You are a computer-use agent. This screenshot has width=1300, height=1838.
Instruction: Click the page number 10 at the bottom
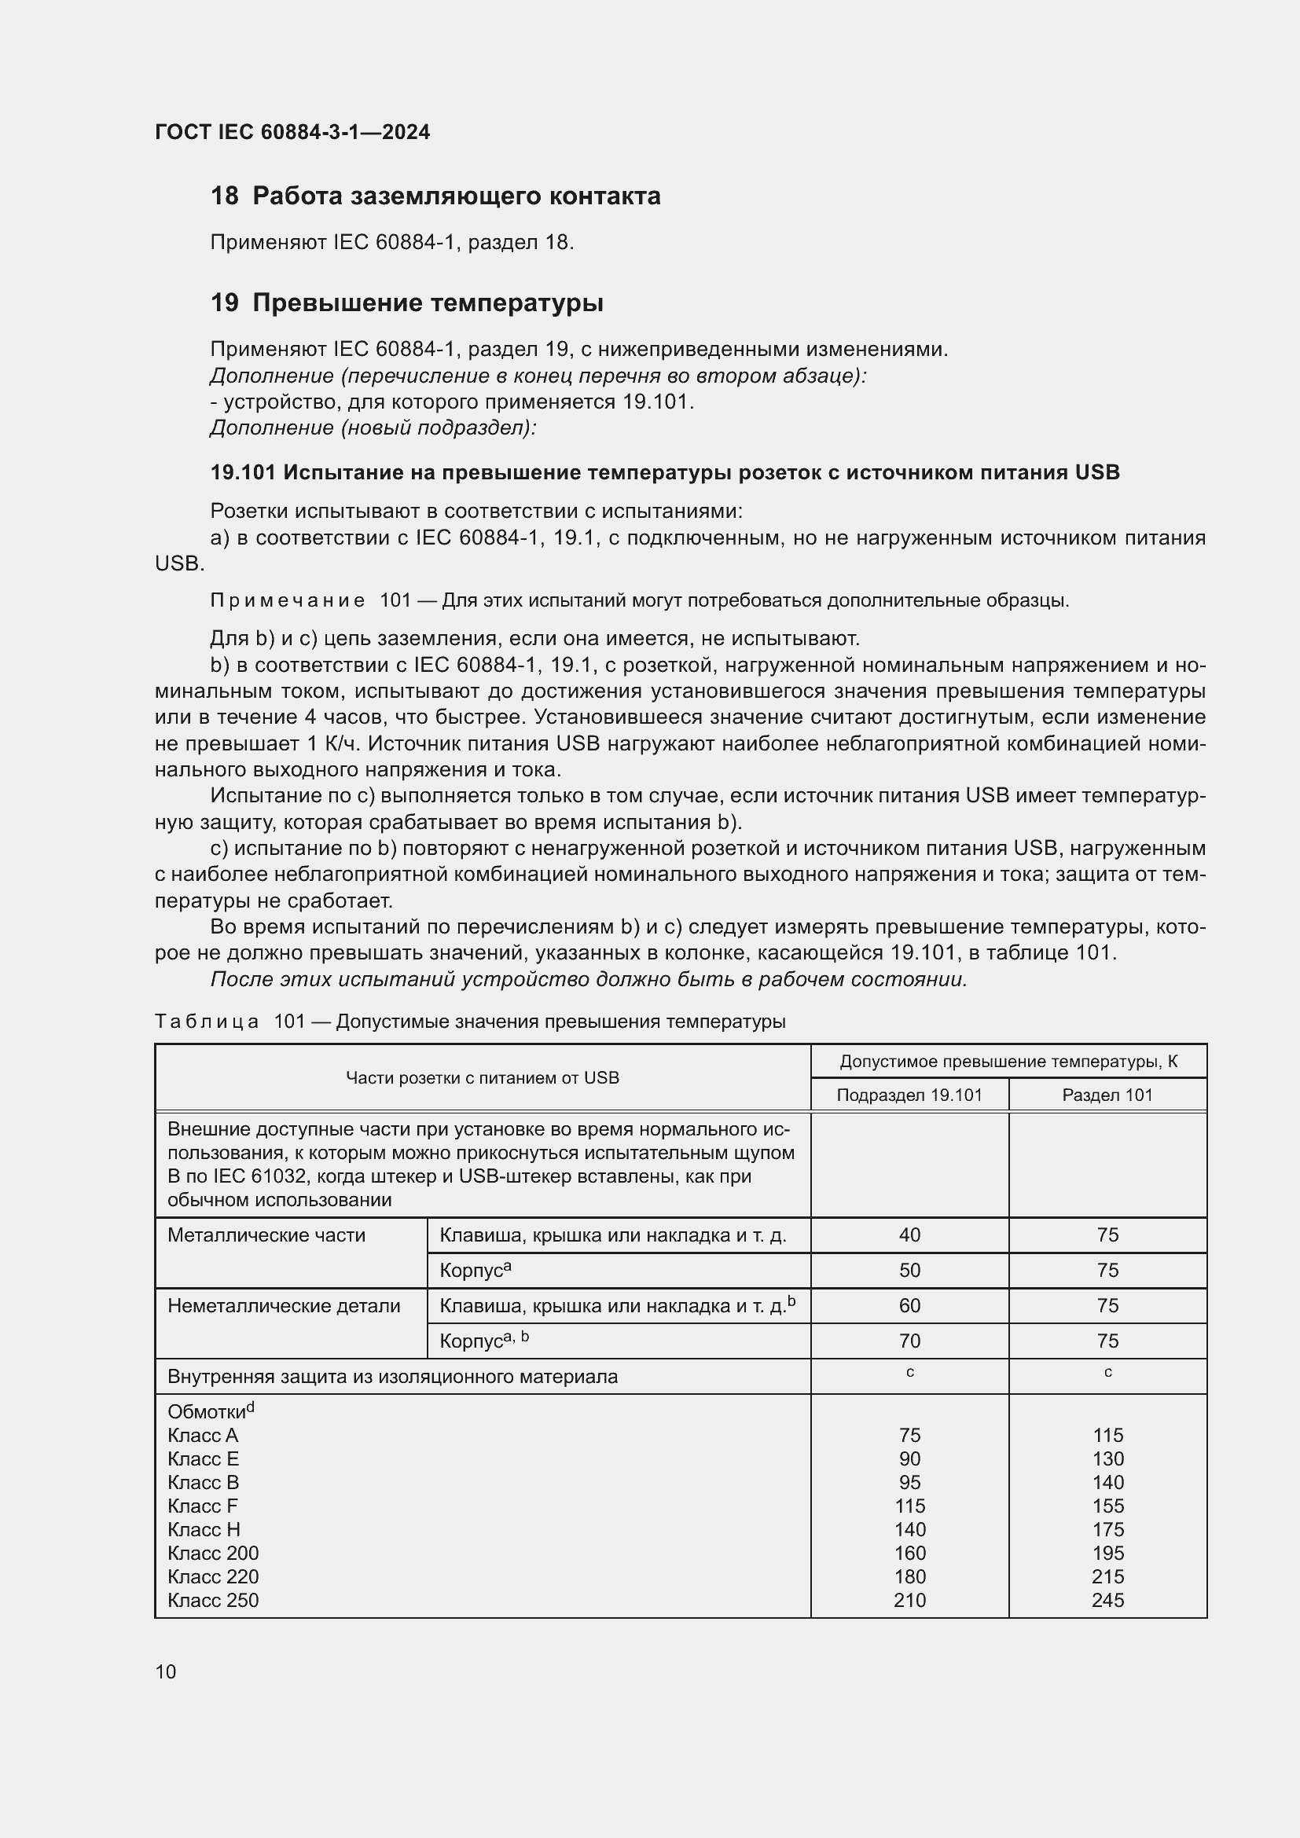(x=166, y=1671)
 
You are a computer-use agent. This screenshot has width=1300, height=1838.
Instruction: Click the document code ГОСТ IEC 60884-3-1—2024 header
(x=292, y=132)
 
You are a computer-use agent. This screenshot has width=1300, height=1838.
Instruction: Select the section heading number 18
(x=224, y=196)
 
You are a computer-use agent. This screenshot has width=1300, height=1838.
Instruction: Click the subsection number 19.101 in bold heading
(x=243, y=473)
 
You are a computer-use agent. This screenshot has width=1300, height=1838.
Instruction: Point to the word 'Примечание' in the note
(x=288, y=600)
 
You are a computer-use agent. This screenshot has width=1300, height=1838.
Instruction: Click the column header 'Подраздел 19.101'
(x=909, y=1095)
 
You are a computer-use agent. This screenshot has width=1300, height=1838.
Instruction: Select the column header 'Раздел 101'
(x=1107, y=1095)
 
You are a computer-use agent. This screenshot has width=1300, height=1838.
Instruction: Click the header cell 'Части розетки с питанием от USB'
(x=482, y=1077)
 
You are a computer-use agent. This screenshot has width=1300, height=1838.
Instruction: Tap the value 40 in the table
(x=909, y=1235)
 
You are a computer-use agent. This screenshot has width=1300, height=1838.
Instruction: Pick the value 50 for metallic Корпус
(x=909, y=1271)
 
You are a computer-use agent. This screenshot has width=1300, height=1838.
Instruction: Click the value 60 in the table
(x=909, y=1306)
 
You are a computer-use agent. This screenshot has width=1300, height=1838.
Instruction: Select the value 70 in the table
(x=909, y=1341)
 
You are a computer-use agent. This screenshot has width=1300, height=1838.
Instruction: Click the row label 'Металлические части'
(x=266, y=1235)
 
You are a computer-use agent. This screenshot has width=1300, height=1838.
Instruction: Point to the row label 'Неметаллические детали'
(x=284, y=1306)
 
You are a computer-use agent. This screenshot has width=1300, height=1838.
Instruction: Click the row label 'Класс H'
(x=204, y=1530)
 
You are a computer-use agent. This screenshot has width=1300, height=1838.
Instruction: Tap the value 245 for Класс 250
(x=1107, y=1600)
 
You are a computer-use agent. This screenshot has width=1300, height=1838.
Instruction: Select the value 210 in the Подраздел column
(x=909, y=1600)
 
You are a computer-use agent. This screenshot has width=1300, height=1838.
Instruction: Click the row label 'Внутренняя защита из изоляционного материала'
(x=392, y=1377)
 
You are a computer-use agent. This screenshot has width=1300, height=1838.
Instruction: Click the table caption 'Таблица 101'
(x=230, y=1022)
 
